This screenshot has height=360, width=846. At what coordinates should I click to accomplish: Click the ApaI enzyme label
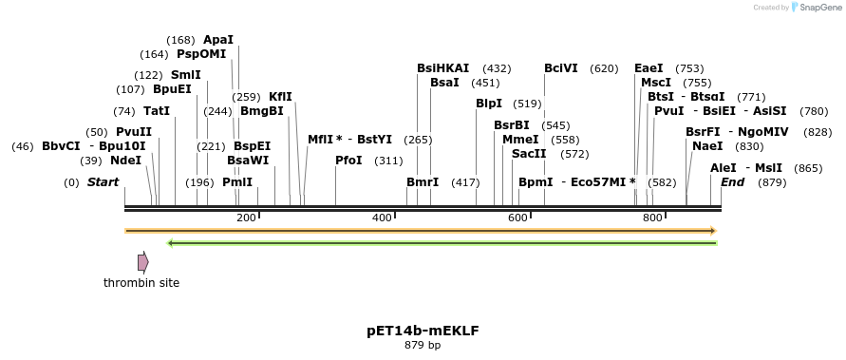[x=218, y=40]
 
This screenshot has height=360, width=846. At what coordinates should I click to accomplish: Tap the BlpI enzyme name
[x=489, y=104]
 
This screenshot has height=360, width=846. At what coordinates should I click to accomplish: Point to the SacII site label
[x=529, y=154]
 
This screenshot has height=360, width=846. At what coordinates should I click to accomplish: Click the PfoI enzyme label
[x=348, y=161]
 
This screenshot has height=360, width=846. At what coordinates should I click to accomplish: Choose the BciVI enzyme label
[x=561, y=68]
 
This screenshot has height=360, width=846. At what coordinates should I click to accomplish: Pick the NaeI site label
[x=707, y=146]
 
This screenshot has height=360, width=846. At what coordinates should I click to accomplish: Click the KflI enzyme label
[x=280, y=97]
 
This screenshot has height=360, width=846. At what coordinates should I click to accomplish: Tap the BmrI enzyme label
[x=423, y=182]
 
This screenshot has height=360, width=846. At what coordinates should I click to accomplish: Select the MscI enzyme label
[x=656, y=83]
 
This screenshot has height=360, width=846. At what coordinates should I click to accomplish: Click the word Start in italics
[x=103, y=182]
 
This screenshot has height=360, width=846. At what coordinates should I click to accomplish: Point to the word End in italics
[x=732, y=182]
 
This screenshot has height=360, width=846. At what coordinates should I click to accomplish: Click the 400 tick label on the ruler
[x=382, y=218]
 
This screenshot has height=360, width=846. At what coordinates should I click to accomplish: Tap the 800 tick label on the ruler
[x=652, y=218]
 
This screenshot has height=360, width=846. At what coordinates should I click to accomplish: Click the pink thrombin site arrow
[x=142, y=262]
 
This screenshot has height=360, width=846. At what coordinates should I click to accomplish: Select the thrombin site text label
[x=141, y=283]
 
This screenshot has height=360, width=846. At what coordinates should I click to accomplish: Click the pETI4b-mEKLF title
[x=423, y=332]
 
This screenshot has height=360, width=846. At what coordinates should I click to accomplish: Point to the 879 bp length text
[x=423, y=346]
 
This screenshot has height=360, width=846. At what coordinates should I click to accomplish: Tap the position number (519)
[x=526, y=104]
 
